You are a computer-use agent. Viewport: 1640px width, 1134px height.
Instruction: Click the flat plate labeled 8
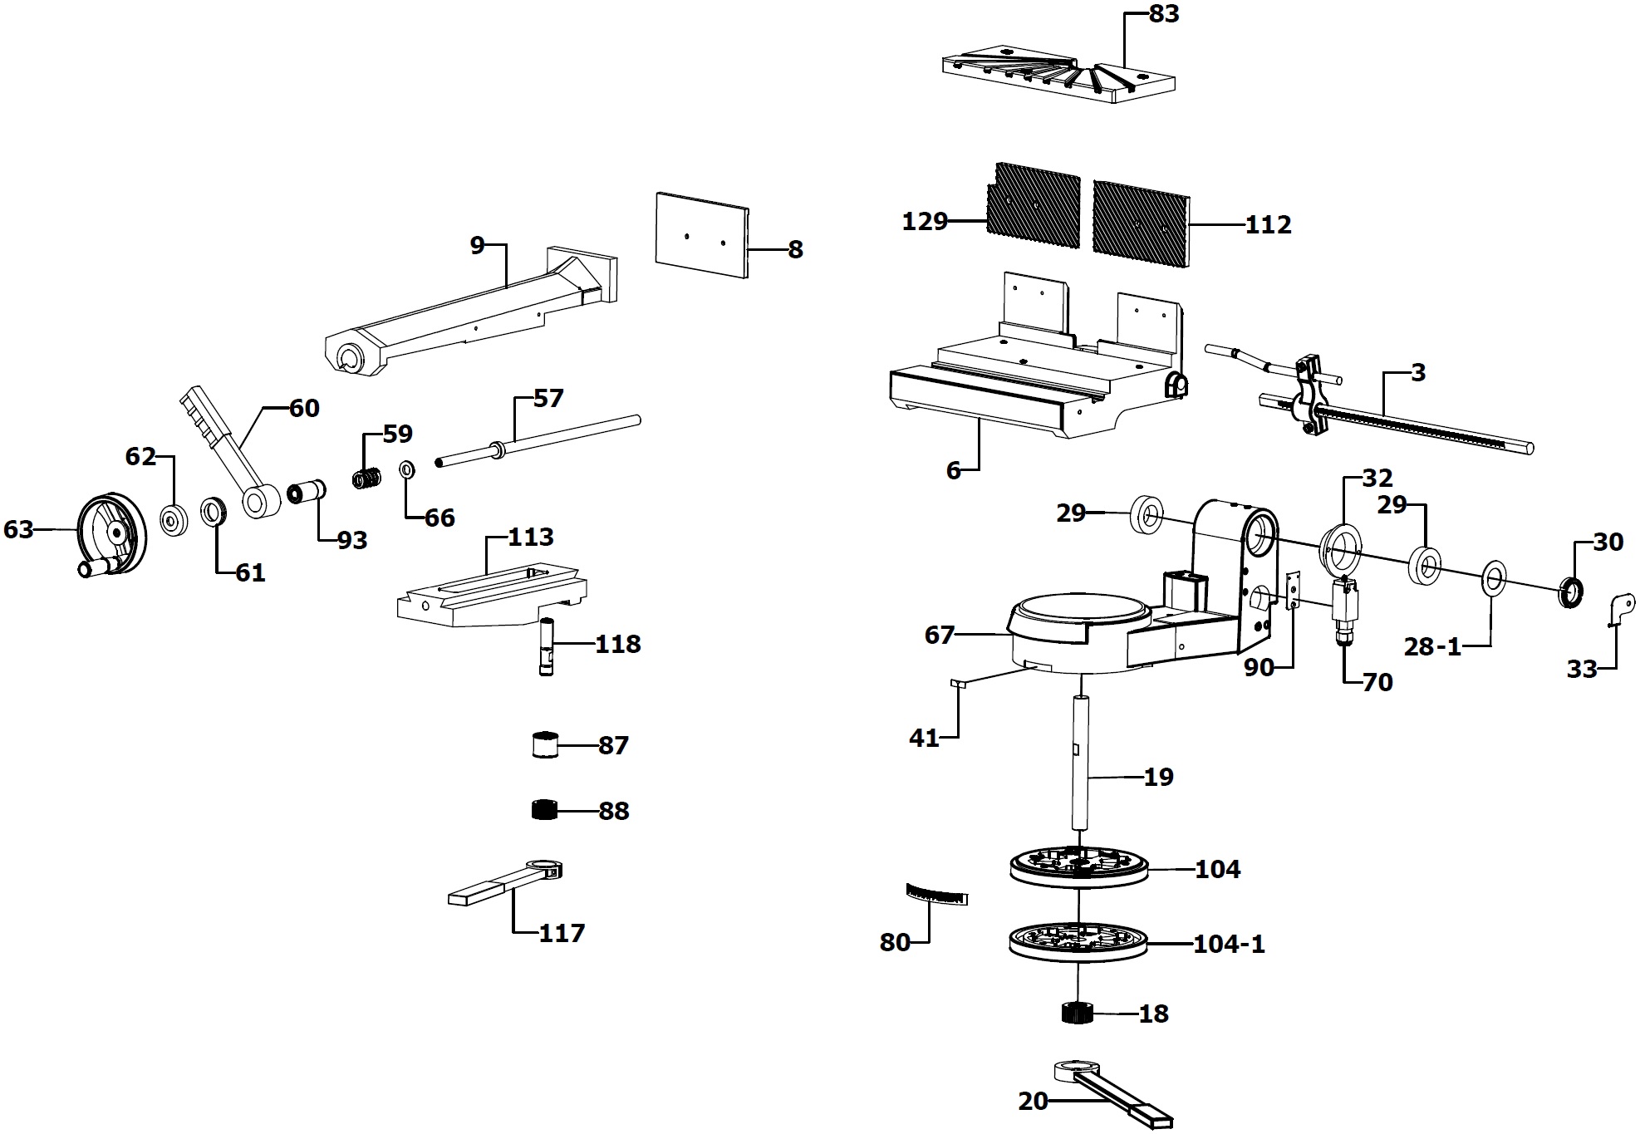click(701, 235)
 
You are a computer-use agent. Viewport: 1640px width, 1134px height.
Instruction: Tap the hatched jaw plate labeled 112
click(1141, 218)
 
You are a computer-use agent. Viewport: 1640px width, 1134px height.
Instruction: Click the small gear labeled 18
click(1078, 1014)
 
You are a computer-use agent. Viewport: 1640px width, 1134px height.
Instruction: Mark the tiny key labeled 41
click(956, 684)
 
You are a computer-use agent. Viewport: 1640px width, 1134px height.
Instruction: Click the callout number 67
click(940, 636)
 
